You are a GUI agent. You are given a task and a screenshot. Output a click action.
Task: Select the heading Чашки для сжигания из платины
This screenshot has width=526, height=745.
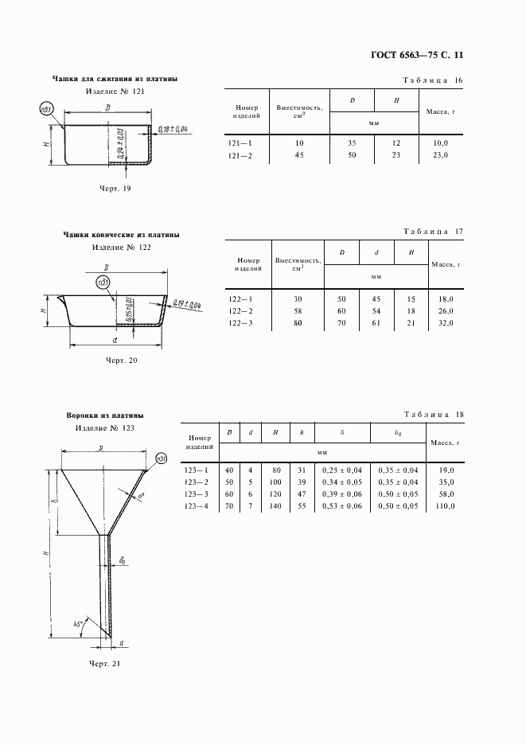point(115,79)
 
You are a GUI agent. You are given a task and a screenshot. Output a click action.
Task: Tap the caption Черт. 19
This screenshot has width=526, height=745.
point(115,189)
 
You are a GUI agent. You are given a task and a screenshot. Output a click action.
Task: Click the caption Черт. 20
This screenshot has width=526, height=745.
point(122,361)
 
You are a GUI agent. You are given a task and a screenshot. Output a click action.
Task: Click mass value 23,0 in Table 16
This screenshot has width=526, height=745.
point(441,155)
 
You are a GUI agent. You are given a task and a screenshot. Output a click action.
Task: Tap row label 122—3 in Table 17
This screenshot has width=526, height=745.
point(240,323)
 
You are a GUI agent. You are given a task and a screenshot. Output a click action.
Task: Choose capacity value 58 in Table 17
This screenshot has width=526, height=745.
point(297,310)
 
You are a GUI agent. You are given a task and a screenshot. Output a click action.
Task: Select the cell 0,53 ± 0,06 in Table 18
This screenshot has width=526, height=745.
point(341,505)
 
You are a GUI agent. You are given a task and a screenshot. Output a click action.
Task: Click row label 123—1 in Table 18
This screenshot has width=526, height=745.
point(196,470)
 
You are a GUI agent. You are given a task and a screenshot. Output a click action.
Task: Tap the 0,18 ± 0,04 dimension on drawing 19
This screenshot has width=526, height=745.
point(172,129)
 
